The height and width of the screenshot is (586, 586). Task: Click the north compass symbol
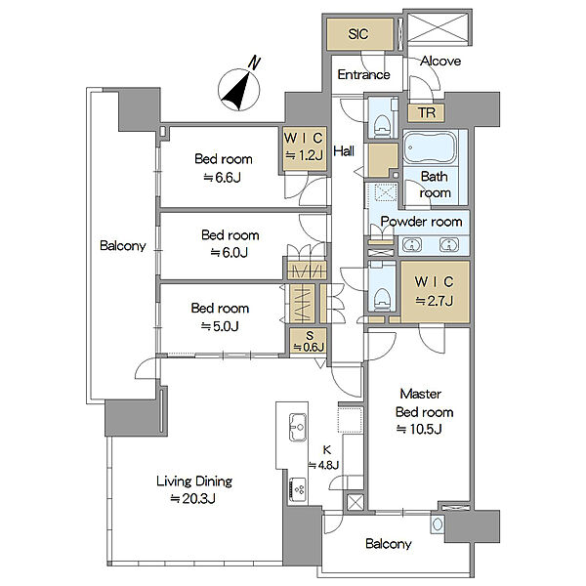239,88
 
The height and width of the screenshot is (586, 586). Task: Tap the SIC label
358,34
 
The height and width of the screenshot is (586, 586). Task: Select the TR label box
426,112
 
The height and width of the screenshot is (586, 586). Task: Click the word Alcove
440,61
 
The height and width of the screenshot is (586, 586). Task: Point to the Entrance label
363,75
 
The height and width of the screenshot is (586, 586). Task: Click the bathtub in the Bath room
430,146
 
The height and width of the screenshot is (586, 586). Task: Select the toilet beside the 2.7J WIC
382,298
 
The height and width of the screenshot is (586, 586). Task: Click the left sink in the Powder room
412,245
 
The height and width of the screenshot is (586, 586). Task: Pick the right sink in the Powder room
449,245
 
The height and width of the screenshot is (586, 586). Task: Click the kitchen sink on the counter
298,427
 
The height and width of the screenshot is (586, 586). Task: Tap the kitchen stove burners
298,489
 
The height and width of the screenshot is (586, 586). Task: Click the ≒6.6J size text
222,177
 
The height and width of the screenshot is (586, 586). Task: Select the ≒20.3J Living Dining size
192,498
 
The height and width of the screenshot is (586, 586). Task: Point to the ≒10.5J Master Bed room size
419,429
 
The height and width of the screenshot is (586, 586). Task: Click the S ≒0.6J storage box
309,342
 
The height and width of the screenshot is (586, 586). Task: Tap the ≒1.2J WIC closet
304,149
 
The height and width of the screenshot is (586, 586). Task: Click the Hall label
344,151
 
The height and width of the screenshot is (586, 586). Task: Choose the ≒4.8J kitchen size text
323,465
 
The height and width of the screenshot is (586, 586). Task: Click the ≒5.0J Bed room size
220,326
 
